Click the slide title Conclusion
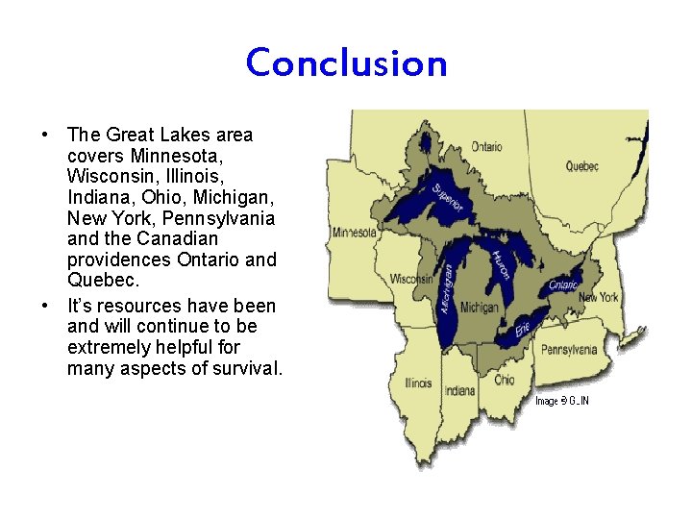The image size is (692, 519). pos(346,63)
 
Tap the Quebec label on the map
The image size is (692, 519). pos(581,166)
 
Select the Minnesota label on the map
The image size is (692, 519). pos(355,233)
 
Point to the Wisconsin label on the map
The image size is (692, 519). pos(410,279)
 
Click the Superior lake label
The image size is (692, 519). pos(447,198)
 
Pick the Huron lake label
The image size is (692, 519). pos(500,265)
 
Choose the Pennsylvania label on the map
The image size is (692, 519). pos(568,350)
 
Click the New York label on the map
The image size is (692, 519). pos(598,297)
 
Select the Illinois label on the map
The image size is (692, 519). pos(418,383)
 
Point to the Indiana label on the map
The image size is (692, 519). pos(459,391)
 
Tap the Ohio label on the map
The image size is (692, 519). pos(505,380)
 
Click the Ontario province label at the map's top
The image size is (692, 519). pos(485,147)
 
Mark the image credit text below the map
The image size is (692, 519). pos(561,401)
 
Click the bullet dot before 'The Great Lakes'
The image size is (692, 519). pos(45,135)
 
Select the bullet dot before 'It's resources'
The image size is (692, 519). pos(45,307)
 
